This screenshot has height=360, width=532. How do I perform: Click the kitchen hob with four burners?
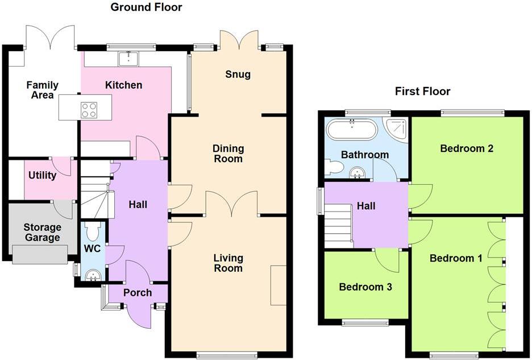click(x=89, y=110)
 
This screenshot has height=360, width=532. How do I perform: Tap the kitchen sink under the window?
click(x=128, y=58)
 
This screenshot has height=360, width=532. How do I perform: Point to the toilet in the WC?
click(x=92, y=231)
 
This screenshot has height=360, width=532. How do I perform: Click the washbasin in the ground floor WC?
click(x=92, y=275)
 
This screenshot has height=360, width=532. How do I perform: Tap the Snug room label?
click(x=238, y=75)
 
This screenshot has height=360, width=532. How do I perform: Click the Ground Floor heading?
click(x=146, y=7)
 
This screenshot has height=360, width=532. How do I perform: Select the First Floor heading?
click(x=422, y=91)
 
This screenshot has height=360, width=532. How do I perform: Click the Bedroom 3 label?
click(x=365, y=287)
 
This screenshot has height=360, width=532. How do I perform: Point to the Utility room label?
click(x=42, y=175)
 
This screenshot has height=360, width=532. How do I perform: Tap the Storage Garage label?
click(x=43, y=232)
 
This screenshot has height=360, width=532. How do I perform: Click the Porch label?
click(x=138, y=292)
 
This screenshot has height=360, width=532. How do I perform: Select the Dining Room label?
click(x=228, y=154)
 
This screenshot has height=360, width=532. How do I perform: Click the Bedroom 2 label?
click(x=467, y=148)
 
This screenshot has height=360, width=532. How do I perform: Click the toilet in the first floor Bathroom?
click(x=332, y=167)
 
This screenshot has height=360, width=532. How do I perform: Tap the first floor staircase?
click(x=338, y=226)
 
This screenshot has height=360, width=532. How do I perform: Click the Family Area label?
click(x=43, y=90)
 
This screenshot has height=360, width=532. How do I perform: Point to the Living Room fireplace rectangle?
click(x=278, y=285)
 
